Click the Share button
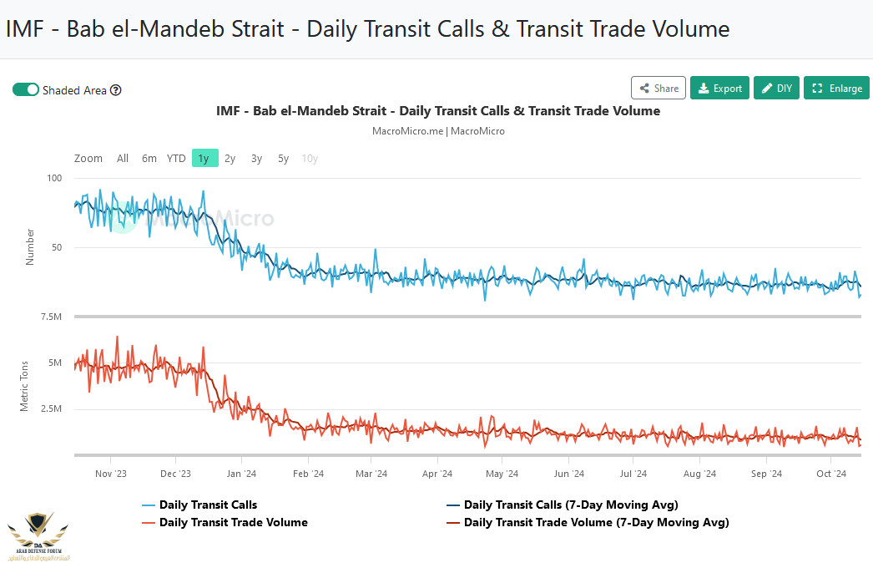659,88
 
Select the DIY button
776,88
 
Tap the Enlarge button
836,88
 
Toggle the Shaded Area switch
26,89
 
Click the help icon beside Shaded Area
116,90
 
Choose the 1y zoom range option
204,158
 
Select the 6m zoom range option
149,158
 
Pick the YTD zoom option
176,158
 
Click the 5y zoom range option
283,158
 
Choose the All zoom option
123,158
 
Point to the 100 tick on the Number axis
55,178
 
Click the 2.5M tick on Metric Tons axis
52,408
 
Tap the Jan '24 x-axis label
241,474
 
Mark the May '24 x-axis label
501,474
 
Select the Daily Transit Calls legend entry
208,505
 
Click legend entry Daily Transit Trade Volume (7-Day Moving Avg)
596,522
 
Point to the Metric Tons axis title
24,386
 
